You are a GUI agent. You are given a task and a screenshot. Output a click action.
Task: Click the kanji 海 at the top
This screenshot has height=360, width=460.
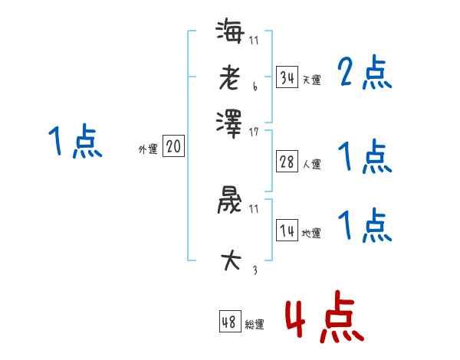tap(229, 33)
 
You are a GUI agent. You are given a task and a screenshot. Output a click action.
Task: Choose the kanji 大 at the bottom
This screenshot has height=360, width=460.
tap(229, 260)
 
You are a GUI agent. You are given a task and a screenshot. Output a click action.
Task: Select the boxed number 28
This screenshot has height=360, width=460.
tap(287, 162)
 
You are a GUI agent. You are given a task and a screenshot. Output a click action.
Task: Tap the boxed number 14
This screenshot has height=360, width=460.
tap(287, 231)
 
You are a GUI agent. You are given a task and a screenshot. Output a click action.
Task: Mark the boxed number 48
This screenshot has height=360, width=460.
tap(229, 322)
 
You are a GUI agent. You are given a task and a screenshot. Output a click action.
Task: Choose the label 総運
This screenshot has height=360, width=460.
tap(255, 325)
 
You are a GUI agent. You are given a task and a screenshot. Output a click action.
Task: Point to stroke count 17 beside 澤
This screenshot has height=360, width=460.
tap(254, 132)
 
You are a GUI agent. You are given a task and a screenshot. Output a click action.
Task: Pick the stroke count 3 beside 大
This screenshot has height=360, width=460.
tap(254, 269)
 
